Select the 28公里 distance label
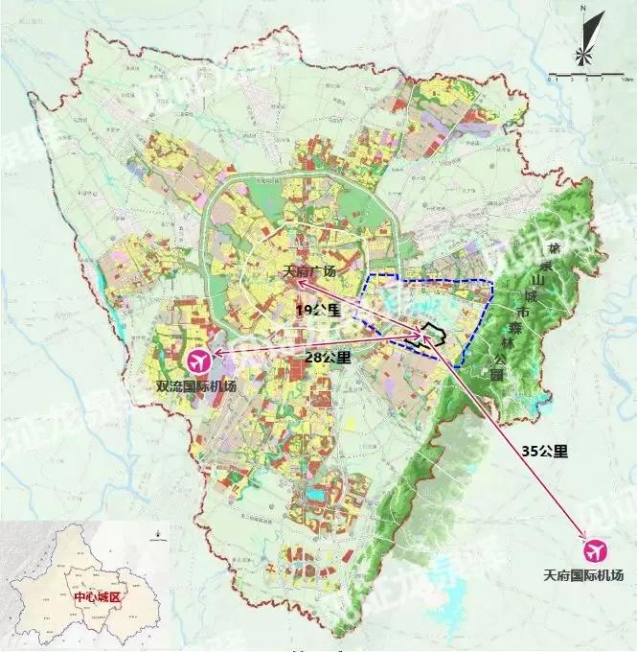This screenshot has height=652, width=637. [x=329, y=357]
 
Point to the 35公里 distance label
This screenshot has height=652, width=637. [x=545, y=450]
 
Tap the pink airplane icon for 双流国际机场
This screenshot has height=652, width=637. [x=199, y=361]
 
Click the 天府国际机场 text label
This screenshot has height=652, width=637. [x=582, y=575]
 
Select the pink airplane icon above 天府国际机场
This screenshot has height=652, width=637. [x=595, y=551]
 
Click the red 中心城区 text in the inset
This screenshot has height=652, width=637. [x=98, y=596]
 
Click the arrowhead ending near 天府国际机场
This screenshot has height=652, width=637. [x=581, y=540]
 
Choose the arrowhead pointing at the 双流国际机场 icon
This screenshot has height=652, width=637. [x=216, y=355]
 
